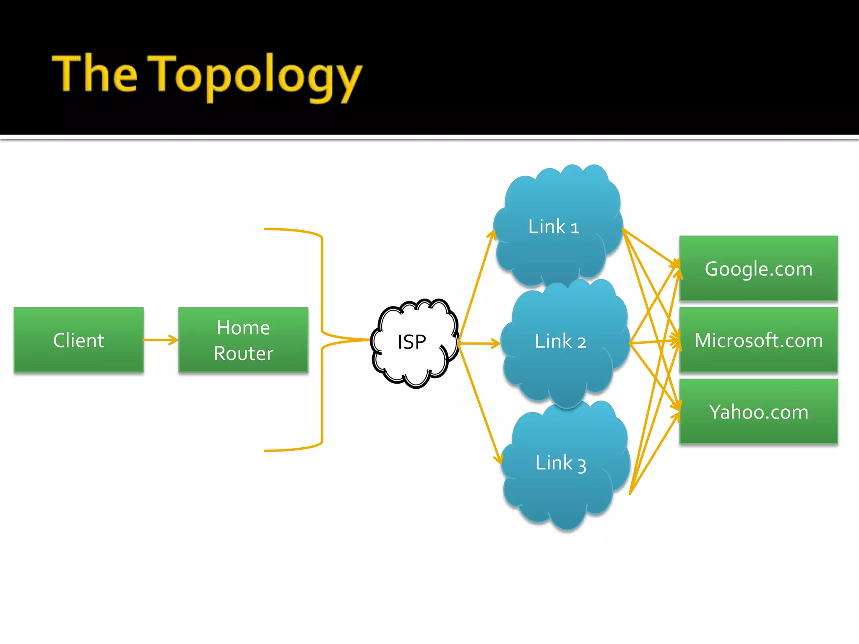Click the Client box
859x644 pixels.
click(x=78, y=340)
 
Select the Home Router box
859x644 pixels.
click(x=243, y=340)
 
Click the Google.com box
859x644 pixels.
click(x=758, y=268)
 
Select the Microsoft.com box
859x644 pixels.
click(x=758, y=340)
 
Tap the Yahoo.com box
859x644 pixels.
click(x=758, y=411)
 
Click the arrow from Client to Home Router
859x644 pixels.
click(x=159, y=340)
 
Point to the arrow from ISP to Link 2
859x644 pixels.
click(x=478, y=343)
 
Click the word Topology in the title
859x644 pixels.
click(x=256, y=75)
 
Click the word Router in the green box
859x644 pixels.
click(x=243, y=353)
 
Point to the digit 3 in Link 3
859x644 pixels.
click(x=582, y=465)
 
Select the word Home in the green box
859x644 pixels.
click(x=243, y=327)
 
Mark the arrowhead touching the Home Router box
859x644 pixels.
click(x=173, y=340)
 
